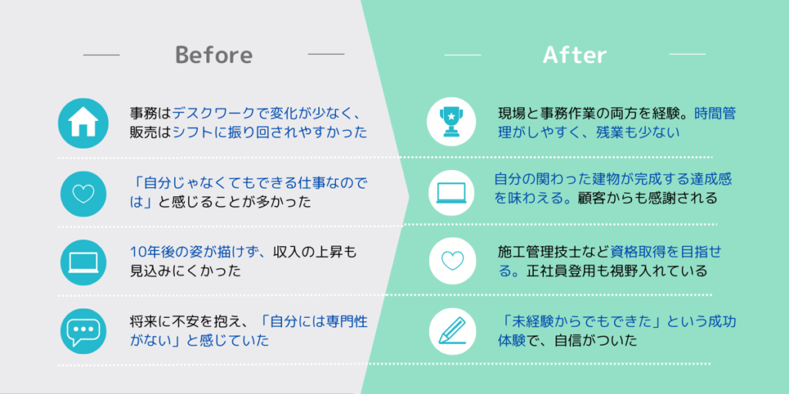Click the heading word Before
tap(214, 55)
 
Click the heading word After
tap(575, 55)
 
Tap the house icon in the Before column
tap(83, 123)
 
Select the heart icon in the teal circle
tap(83, 194)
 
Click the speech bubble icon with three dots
tap(83, 332)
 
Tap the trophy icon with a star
tap(452, 122)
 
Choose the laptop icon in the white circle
tap(452, 193)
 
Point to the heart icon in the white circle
tap(452, 260)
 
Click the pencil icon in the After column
tap(452, 332)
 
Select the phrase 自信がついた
tap(596, 341)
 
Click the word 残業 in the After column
tap(611, 133)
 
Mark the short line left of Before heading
tap(101, 55)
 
